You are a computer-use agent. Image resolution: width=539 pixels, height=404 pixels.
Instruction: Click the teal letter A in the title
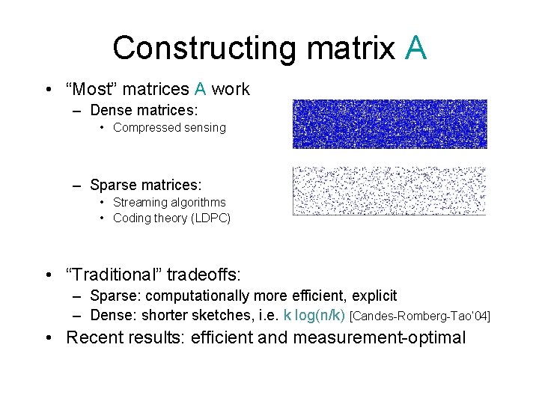415,47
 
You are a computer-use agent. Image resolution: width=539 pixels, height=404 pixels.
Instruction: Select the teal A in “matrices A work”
200,90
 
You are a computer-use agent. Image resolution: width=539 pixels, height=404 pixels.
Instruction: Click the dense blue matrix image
389,123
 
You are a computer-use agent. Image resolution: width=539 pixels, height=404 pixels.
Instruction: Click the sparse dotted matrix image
389,191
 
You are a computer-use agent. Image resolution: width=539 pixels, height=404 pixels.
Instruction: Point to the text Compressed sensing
169,128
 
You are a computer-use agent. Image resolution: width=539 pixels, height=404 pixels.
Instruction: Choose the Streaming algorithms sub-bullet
169,203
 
